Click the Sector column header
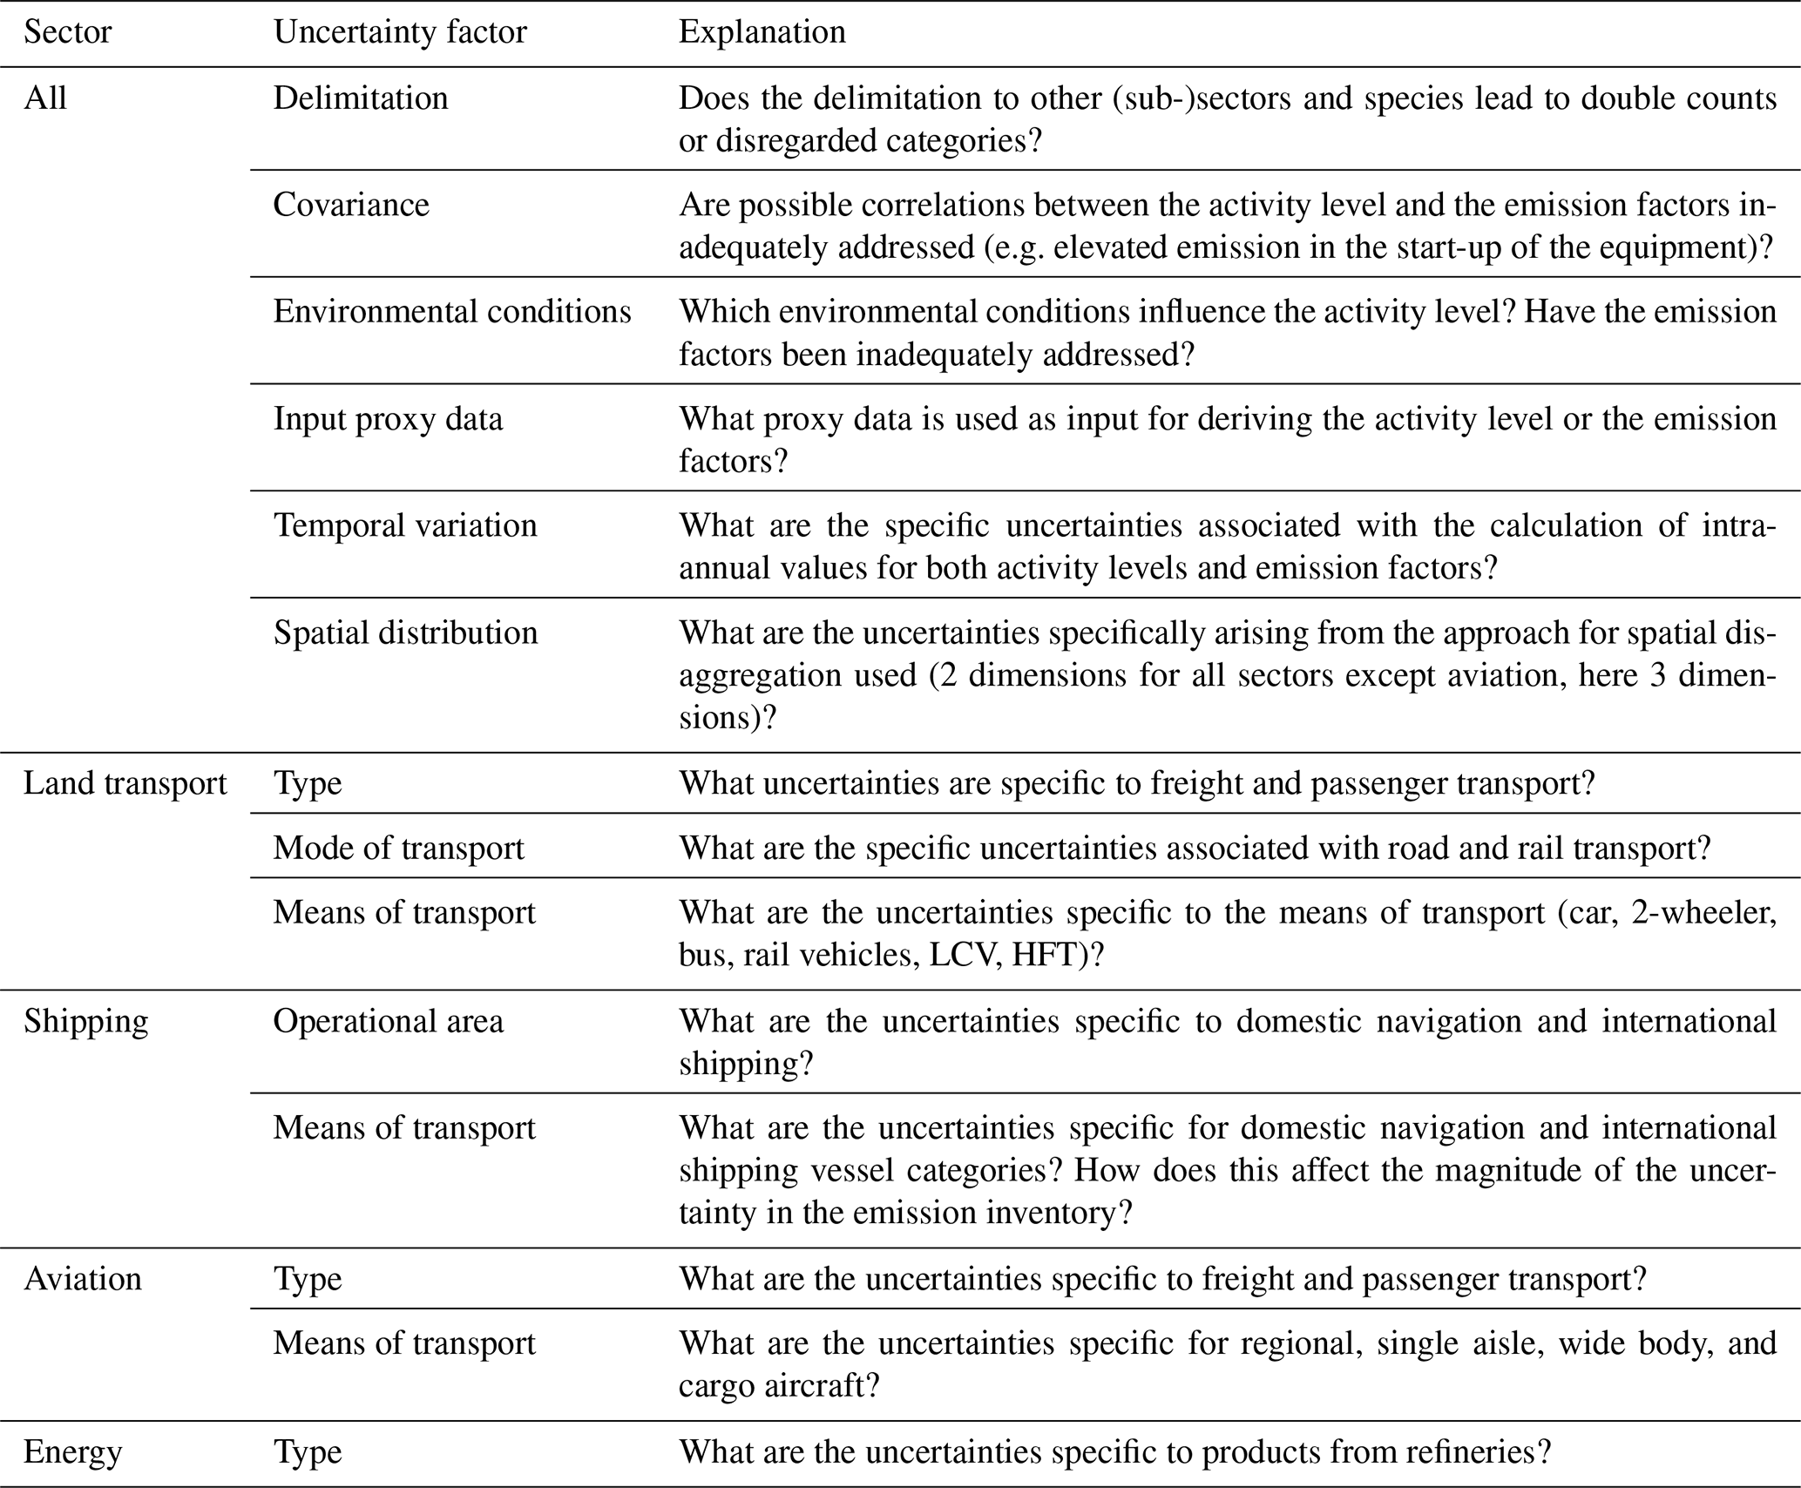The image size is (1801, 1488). [x=67, y=32]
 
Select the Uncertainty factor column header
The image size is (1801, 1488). [x=400, y=32]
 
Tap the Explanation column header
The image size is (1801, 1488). [x=762, y=32]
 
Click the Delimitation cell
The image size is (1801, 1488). [x=361, y=98]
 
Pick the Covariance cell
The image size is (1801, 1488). [x=351, y=205]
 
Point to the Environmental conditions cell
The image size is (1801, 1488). [x=452, y=312]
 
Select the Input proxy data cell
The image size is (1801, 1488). [x=388, y=419]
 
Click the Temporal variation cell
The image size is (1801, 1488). [x=405, y=526]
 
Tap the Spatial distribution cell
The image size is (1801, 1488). [x=405, y=632]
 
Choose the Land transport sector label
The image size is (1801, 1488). [x=125, y=783]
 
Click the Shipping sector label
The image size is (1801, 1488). [x=85, y=1021]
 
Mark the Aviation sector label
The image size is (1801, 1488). [x=83, y=1279]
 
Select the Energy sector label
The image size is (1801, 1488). [x=72, y=1452]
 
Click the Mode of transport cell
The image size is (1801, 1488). [x=398, y=848]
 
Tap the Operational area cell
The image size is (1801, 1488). [x=388, y=1021]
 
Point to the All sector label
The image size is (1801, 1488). [x=44, y=98]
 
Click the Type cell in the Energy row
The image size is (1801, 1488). [x=308, y=1452]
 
